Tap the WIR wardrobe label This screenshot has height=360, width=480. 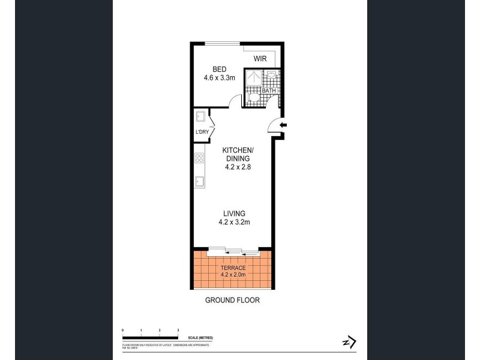[x=260, y=59]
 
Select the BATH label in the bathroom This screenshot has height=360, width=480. [x=268, y=91]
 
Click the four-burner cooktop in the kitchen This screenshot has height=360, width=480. [x=199, y=158]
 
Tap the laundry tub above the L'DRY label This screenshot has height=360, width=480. [x=200, y=118]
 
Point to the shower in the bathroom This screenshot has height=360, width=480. [x=255, y=79]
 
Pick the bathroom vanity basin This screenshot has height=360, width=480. [x=271, y=76]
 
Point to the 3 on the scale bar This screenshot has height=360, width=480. [x=178, y=331]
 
